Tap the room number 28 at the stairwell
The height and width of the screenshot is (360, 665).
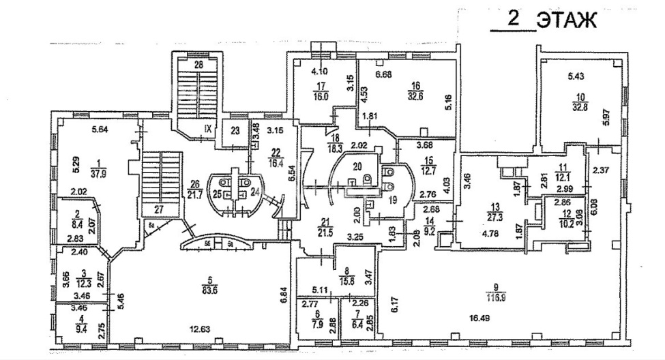click(198, 65)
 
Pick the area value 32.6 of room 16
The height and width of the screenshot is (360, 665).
click(414, 95)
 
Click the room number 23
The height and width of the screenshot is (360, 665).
click(235, 132)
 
